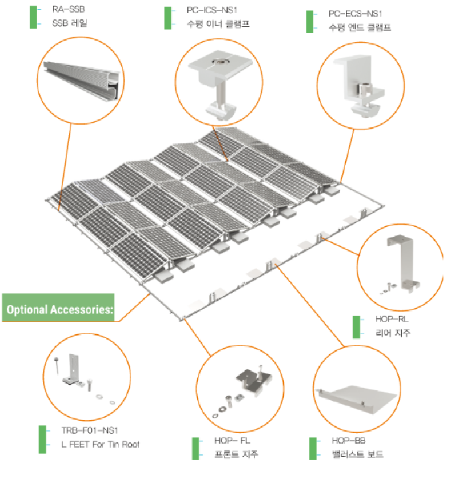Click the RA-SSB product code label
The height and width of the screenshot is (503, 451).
coord(69,9)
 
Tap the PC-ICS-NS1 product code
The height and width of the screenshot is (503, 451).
coord(212,11)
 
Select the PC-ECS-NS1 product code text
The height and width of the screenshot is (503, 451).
coord(356,14)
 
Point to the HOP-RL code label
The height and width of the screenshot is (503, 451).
coord(392,319)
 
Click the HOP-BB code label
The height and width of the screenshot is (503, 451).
coord(349,441)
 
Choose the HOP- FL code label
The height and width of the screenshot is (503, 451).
coord(232,441)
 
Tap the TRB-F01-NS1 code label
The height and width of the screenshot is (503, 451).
coord(90,430)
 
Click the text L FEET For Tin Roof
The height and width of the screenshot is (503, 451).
coord(101,444)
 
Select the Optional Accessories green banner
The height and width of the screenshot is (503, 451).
coord(58,308)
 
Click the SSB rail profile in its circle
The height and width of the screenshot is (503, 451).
coord(84,80)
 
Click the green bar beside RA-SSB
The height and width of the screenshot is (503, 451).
coord(33,17)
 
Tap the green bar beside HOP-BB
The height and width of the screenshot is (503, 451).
coord(313,449)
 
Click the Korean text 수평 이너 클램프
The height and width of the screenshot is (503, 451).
coord(218,24)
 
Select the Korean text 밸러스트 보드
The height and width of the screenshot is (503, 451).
coord(358,454)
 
